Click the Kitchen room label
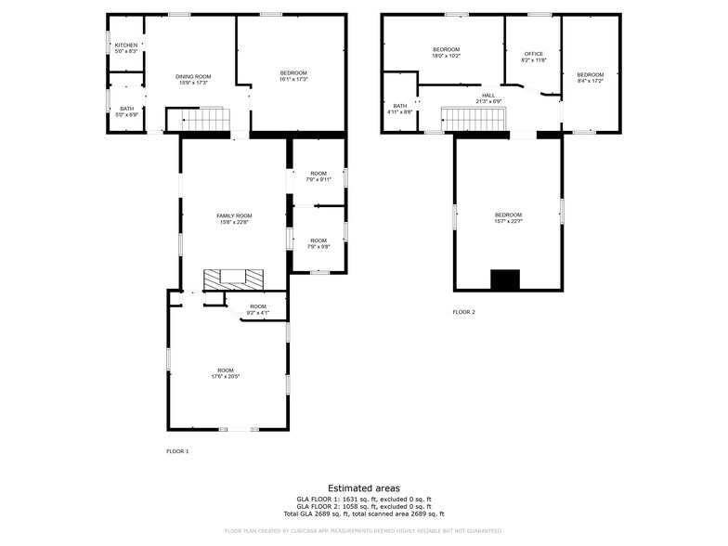(126, 45)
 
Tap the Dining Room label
(193, 76)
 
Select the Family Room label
(235, 215)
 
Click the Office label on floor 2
(533, 54)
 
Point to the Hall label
(488, 95)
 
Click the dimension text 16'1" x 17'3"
(293, 79)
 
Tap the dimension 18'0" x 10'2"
(446, 56)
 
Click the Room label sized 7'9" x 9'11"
(318, 173)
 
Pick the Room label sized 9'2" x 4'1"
(257, 306)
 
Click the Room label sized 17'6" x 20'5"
(226, 370)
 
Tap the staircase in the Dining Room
(198, 120)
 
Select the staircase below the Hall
(472, 120)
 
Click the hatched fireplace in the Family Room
(234, 279)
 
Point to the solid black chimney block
(507, 279)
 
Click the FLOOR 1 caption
(176, 450)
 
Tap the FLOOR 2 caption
(463, 312)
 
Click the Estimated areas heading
(364, 487)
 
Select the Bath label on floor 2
(399, 106)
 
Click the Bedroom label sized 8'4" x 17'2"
(590, 74)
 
